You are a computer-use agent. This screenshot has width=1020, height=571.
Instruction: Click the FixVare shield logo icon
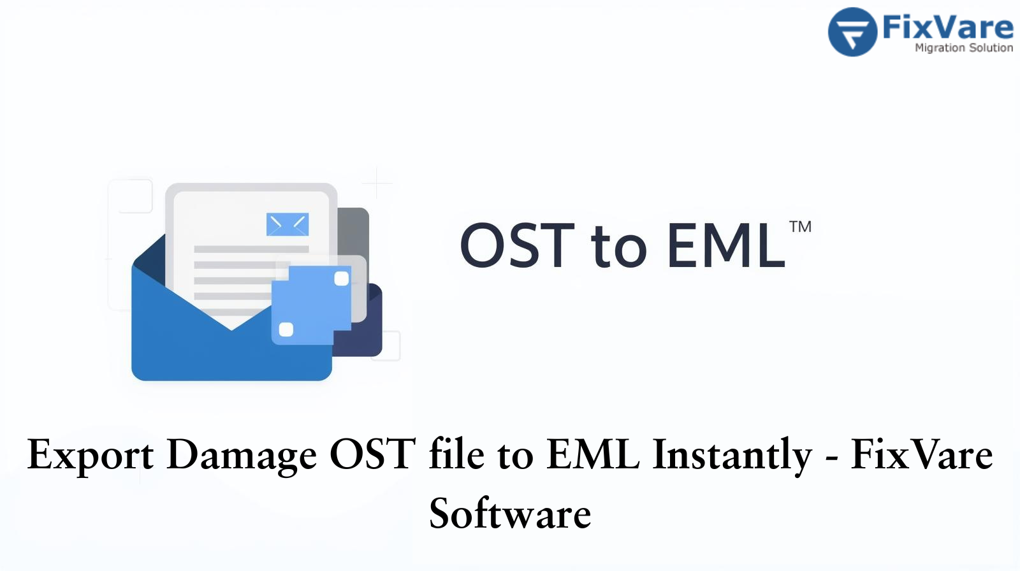[852, 32]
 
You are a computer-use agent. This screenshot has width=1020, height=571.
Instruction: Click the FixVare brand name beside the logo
[947, 27]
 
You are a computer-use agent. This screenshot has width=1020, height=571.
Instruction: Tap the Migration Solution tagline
[963, 48]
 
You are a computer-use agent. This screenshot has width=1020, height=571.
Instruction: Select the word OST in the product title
[517, 245]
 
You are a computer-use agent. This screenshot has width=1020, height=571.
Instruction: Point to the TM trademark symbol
[800, 227]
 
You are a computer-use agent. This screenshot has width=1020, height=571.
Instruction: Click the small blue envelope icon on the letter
[287, 224]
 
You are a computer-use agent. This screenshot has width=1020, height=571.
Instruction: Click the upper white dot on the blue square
[342, 278]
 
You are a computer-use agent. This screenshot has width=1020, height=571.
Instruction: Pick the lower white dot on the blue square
[286, 329]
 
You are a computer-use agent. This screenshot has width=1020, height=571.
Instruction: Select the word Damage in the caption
[242, 455]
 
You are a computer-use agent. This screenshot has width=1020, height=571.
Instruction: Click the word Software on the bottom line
[510, 514]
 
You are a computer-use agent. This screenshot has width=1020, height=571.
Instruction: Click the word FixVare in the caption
[921, 455]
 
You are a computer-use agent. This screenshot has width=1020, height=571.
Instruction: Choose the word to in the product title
[618, 247]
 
